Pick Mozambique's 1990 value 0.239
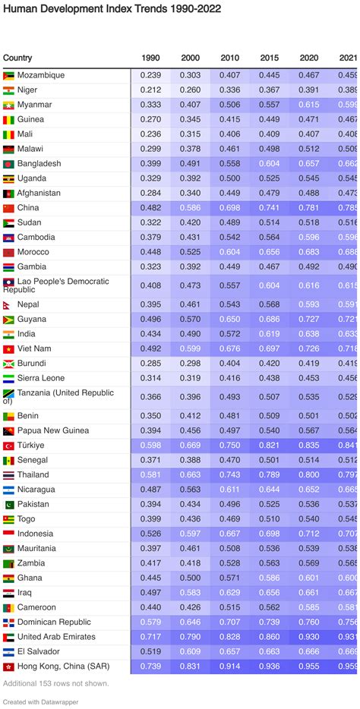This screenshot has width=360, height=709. [150, 75]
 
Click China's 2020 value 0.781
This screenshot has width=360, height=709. [308, 208]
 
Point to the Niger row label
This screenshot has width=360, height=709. [27, 90]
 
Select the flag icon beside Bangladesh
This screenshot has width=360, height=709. [9, 164]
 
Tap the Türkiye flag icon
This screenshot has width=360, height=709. [9, 446]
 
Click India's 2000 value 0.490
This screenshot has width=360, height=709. [190, 334]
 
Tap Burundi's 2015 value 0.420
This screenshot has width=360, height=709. [269, 364]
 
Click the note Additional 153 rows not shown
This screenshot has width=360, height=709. [55, 683]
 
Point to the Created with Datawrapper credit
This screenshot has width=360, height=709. [40, 702]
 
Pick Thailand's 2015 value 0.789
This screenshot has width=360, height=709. [269, 475]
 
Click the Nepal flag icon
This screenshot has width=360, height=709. [9, 304]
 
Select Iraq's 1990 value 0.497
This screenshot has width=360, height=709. [150, 593]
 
